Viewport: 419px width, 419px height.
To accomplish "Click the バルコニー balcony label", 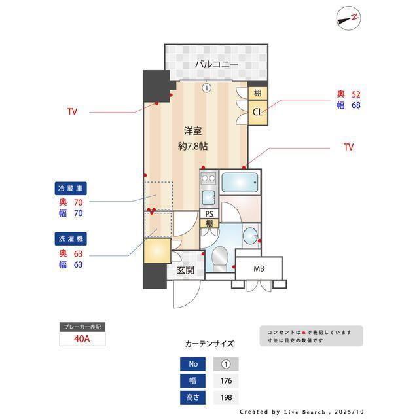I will pos(215,64).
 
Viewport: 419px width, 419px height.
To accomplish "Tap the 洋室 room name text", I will pos(192,130).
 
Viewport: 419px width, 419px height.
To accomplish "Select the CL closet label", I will pos(258,112).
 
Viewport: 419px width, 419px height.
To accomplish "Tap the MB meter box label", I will pos(259,268).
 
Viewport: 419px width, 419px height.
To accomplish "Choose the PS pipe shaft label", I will pos(209,214).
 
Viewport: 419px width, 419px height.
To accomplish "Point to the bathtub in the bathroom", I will pos(240,182).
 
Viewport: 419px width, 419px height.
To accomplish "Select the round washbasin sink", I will pos(250,235).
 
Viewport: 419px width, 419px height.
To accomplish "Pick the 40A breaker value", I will pos(82,338).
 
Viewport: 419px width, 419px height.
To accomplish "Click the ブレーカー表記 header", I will pos(82,327).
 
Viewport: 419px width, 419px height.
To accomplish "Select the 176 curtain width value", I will pos(226,380).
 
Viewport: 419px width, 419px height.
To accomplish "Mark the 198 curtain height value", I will pos(226,397).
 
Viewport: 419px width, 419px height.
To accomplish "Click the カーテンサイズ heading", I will pos(209,343).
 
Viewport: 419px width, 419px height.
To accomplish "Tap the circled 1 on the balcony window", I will pos(206,87).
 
